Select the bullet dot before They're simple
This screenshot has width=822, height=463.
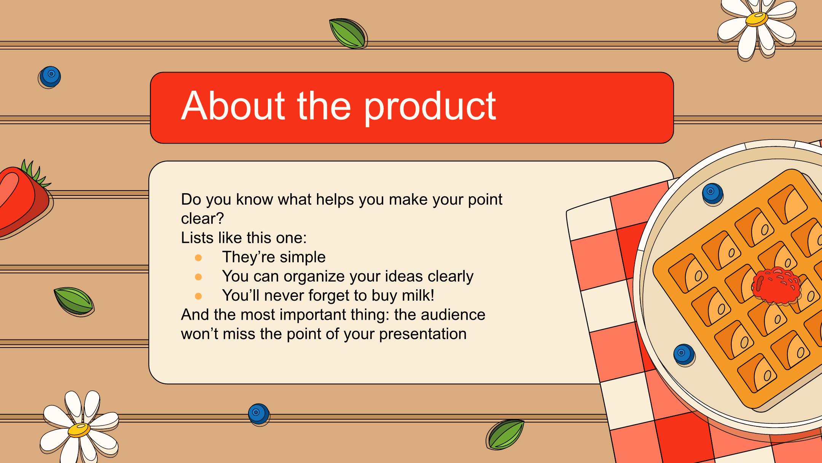point(198,258)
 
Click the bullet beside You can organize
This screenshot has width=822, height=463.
point(198,277)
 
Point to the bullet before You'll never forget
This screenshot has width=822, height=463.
point(198,296)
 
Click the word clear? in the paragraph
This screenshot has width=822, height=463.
point(202,218)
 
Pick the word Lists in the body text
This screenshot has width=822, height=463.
point(197,238)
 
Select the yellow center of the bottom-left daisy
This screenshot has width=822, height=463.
point(79,429)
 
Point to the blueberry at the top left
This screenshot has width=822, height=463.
point(50,77)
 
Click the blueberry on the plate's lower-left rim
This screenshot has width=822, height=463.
point(684,355)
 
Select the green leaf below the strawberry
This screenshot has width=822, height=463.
point(74,301)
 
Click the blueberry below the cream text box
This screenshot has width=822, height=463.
point(258,414)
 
